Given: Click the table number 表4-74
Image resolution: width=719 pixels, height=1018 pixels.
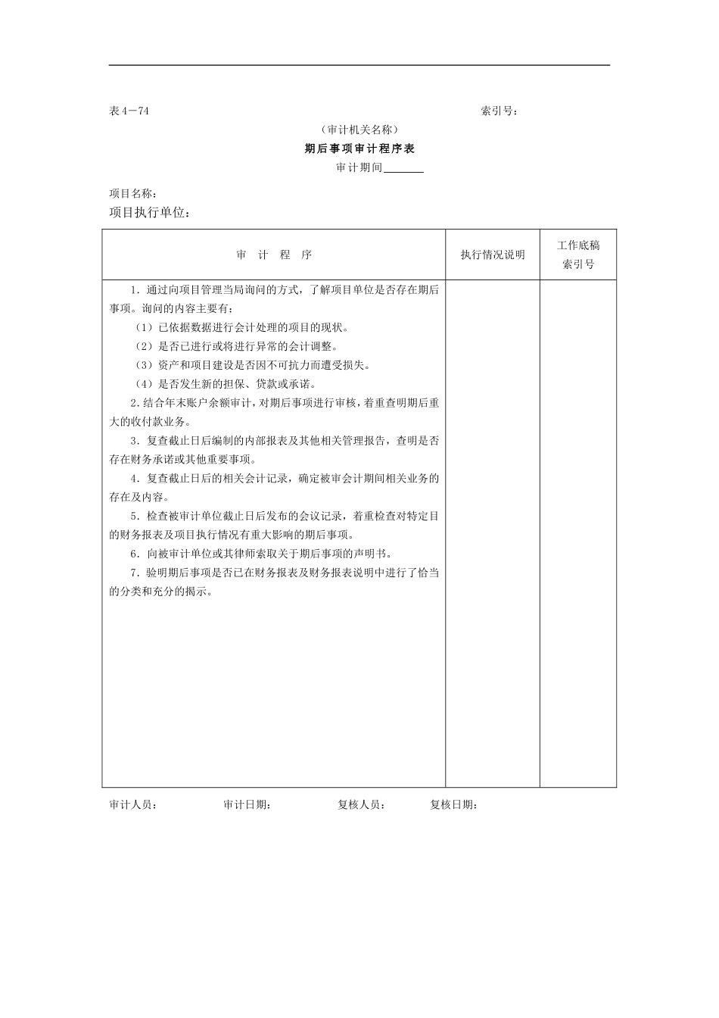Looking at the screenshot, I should point(129,111).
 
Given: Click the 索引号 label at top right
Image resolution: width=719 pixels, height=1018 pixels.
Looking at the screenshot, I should point(499,111).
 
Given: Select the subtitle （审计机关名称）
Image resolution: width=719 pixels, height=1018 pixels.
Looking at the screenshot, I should point(359,130).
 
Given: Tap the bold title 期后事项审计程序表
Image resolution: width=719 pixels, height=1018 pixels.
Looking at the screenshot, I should point(359,149).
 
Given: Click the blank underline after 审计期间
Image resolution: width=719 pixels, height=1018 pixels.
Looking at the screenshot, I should point(403,168).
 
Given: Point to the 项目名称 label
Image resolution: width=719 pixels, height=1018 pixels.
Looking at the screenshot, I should point(133,194).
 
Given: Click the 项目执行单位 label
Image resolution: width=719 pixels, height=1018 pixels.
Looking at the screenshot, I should point(150,214).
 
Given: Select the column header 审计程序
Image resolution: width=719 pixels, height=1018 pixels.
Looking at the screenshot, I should point(274,255).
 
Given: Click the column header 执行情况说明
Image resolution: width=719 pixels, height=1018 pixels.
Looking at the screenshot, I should point(493,255).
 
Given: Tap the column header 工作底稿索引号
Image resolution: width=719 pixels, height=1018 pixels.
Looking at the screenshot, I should point(578,254).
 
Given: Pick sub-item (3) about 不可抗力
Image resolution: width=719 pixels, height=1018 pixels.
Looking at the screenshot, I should point(253,365).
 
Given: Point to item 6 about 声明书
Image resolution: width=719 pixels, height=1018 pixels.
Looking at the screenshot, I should point(271,554).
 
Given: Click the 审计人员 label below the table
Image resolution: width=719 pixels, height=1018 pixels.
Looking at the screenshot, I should point(133,805).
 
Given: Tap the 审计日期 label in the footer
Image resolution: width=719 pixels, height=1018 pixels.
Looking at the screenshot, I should point(247,805).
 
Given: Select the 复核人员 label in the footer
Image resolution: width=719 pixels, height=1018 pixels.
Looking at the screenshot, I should point(361,805).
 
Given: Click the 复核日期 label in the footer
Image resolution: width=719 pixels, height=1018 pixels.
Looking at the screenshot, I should point(453,805).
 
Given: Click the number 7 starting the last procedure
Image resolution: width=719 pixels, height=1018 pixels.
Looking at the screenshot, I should point(133,573).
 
